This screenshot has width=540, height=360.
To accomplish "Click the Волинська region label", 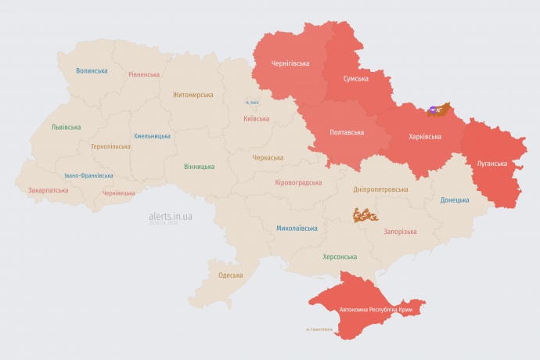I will [x=92, y=70].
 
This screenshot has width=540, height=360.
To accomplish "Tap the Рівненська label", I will [x=144, y=75].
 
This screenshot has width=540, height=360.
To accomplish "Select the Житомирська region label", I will [x=193, y=95].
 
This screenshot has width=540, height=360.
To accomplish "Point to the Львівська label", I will [x=65, y=127].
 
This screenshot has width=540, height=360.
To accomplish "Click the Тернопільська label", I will [x=111, y=146].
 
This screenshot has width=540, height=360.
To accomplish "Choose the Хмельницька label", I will [x=152, y=135].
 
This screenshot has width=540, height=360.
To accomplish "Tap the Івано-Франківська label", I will [x=88, y=175].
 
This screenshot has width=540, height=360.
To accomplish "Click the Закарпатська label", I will [x=49, y=189].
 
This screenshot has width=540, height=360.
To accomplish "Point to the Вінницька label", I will [x=199, y=167].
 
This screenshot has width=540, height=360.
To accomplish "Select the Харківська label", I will [x=425, y=136].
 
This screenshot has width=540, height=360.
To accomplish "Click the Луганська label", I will [x=491, y=164].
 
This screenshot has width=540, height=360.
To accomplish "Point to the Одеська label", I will [x=230, y=275].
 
